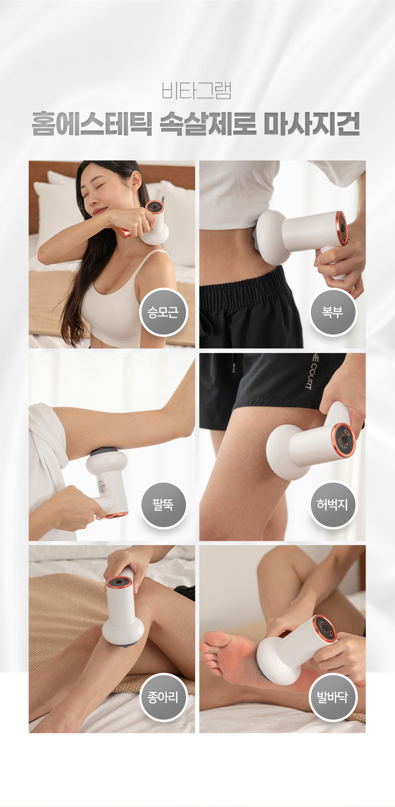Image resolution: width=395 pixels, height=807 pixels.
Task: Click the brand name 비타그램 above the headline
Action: pos(197,91)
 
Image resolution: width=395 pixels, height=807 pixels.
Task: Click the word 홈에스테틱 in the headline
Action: pos(92,124)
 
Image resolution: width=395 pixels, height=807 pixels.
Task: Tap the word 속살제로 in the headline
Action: pos(208,124)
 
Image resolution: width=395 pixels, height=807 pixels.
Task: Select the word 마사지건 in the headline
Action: pos(312,124)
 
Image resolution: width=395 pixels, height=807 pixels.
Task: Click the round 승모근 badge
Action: pos(163,313)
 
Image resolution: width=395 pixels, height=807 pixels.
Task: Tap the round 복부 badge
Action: pos(333,313)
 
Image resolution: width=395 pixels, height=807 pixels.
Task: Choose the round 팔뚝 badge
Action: pos(163,505)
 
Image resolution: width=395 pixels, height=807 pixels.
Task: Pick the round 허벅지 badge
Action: pos(333,505)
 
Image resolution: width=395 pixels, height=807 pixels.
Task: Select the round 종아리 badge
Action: pos(163,697)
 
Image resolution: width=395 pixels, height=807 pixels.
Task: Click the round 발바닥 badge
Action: pos(333,697)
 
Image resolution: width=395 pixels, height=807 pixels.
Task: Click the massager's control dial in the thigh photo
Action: pos(344,440)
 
